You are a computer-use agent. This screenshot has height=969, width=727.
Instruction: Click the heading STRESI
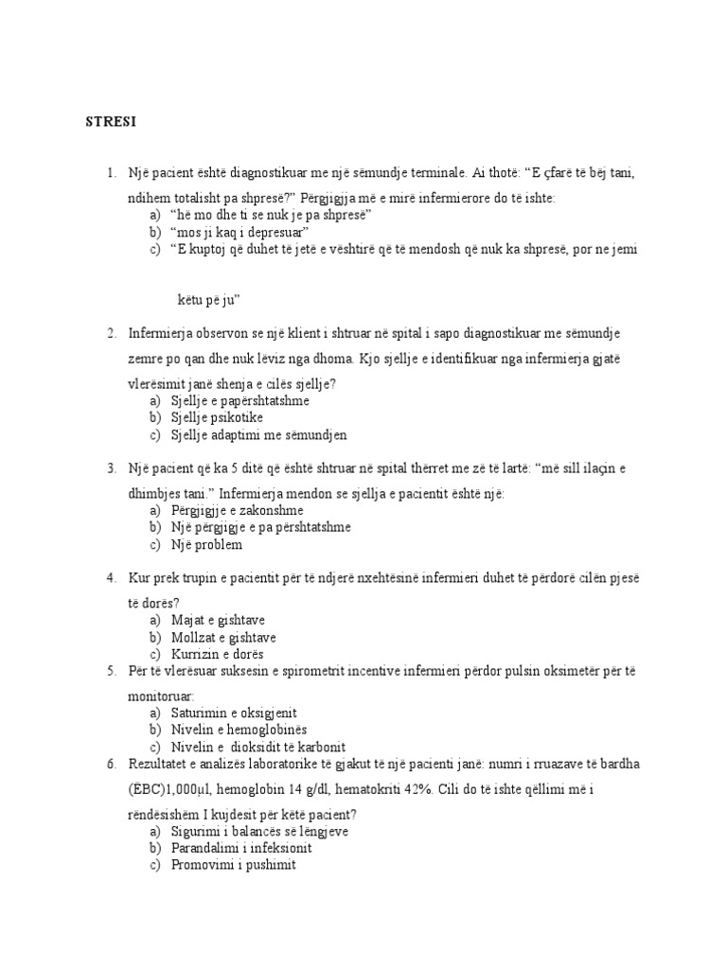[112, 122]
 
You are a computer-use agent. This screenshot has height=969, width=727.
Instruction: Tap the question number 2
[111, 333]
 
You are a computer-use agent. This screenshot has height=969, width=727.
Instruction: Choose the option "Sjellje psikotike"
[218, 417]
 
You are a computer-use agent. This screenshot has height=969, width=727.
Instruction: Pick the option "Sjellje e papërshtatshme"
[240, 400]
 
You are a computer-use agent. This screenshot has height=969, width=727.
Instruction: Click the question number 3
[111, 467]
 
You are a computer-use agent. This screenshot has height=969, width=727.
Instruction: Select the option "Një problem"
[206, 544]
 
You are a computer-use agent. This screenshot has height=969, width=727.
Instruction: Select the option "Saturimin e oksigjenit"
[240, 712]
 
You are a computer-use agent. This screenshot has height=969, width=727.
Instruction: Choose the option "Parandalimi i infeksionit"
[241, 847]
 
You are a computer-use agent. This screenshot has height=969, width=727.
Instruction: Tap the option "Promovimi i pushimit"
[234, 864]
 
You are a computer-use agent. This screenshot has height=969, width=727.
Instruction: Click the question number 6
[111, 763]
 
